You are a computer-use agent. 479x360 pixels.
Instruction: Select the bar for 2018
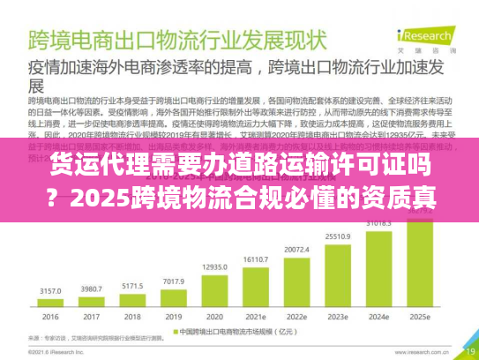point(131,300)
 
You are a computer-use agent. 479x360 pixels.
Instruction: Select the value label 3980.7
point(93,288)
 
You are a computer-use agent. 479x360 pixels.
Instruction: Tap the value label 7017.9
point(173,281)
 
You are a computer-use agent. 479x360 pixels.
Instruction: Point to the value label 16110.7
point(255,259)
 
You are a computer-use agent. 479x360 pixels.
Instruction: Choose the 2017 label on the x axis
point(93,316)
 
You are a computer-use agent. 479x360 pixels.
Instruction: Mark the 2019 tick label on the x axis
point(172,316)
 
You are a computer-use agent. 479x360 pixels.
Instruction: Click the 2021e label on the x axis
point(254,316)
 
